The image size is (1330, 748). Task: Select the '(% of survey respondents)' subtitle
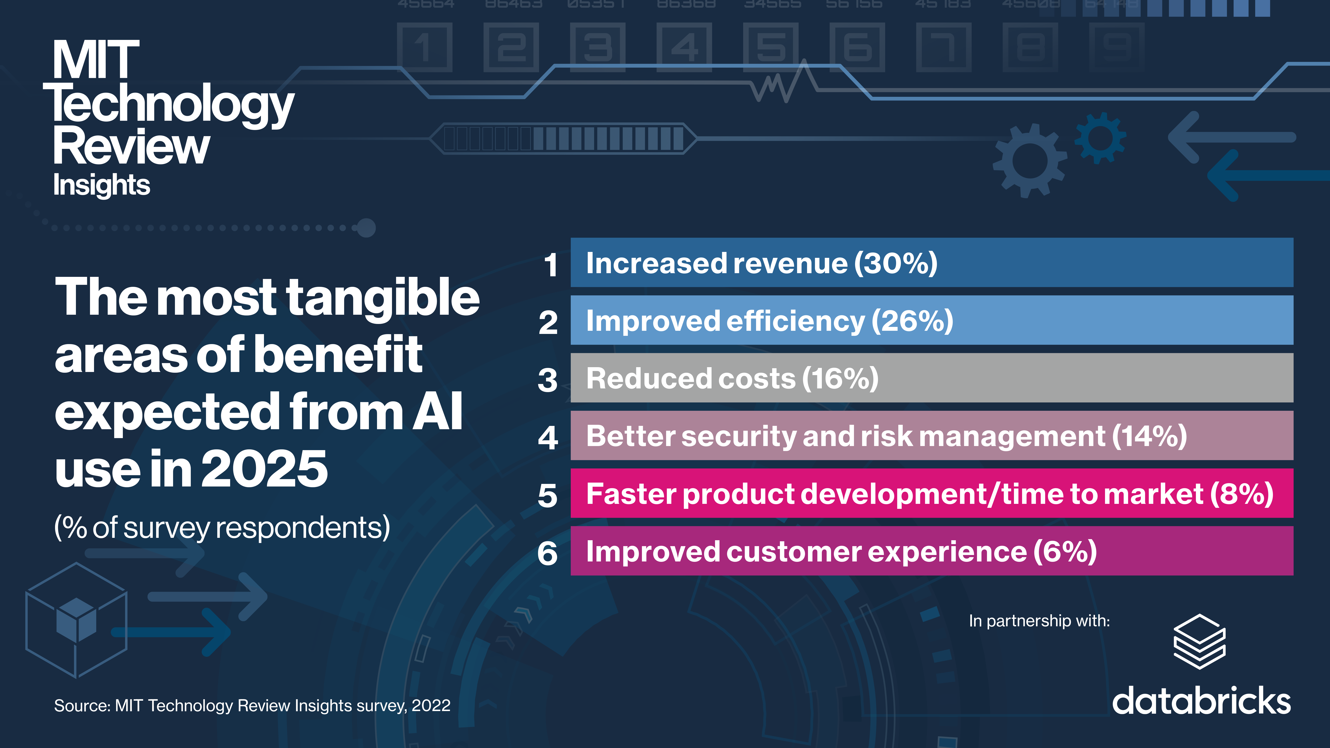[222, 528]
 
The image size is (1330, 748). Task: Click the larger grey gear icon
[1029, 160]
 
